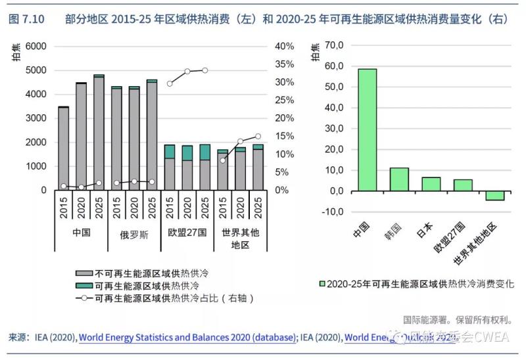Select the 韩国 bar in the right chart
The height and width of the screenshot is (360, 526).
point(399,179)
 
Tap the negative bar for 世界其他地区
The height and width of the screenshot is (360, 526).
point(495,195)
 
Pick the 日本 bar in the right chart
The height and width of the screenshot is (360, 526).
point(431,184)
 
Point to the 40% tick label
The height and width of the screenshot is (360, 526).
point(284,46)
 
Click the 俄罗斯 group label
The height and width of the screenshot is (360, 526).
point(133,233)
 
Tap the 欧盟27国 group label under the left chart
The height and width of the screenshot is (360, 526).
point(187,233)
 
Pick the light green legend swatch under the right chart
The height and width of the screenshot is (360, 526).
point(322,284)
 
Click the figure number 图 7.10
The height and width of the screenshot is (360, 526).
point(26,19)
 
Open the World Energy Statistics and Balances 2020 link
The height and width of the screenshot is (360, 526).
point(186,337)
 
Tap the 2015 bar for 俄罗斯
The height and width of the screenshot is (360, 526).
point(116,139)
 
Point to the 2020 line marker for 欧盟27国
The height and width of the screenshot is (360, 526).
point(187,71)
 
